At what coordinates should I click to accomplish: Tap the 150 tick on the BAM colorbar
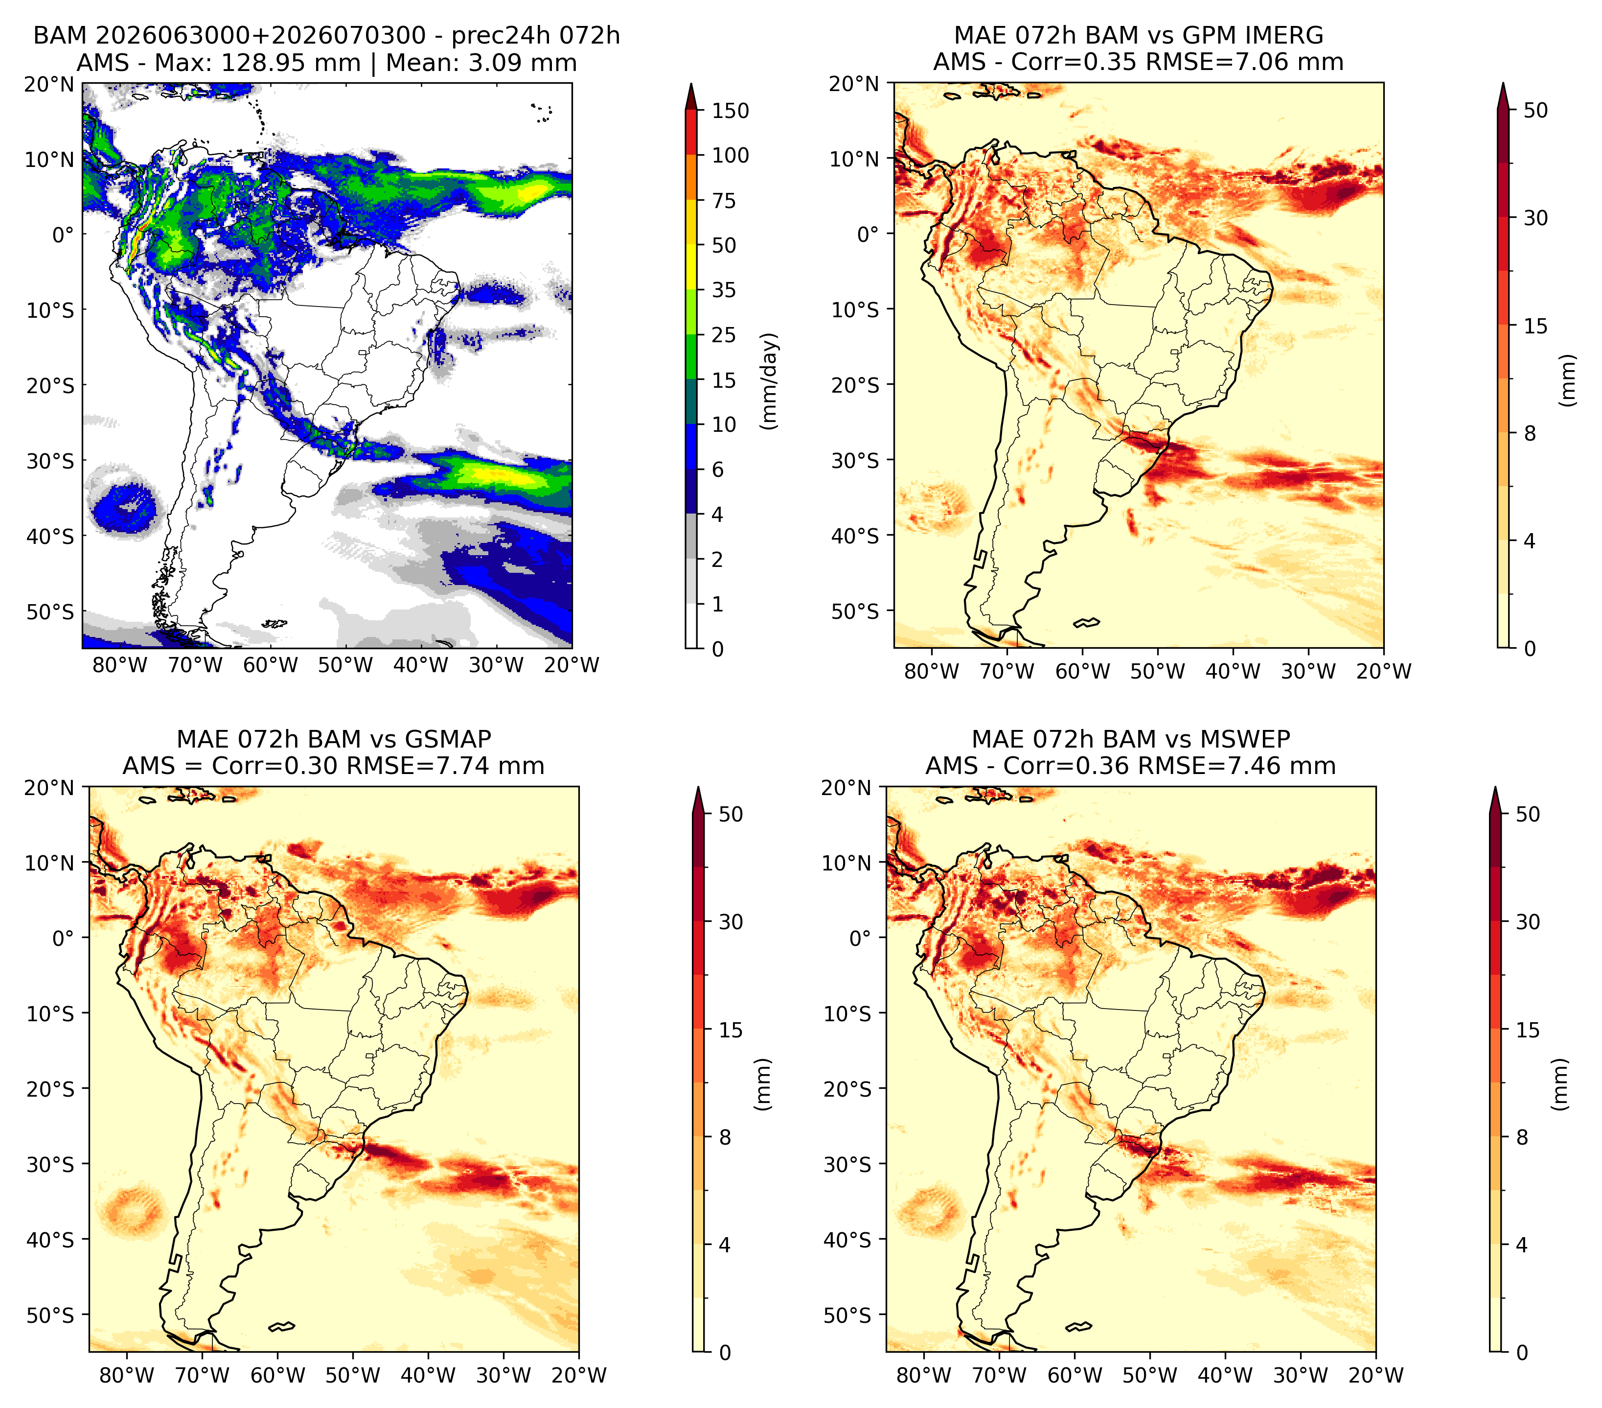point(730,111)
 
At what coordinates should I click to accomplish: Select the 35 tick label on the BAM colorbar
point(723,290)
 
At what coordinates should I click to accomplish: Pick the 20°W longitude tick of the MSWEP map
point(1375,1375)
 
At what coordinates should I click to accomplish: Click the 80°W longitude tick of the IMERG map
point(931,671)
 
